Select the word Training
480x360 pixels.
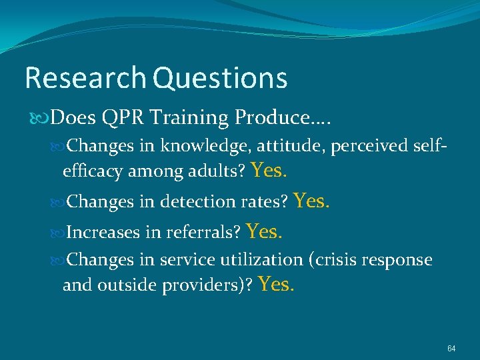click(189, 118)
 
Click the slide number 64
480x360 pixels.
click(451, 349)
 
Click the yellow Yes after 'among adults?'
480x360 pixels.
click(270, 171)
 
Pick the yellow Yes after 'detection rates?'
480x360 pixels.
click(311, 200)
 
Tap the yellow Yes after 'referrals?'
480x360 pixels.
click(265, 231)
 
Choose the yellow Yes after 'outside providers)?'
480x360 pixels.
click(276, 285)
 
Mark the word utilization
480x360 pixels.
click(263, 260)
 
